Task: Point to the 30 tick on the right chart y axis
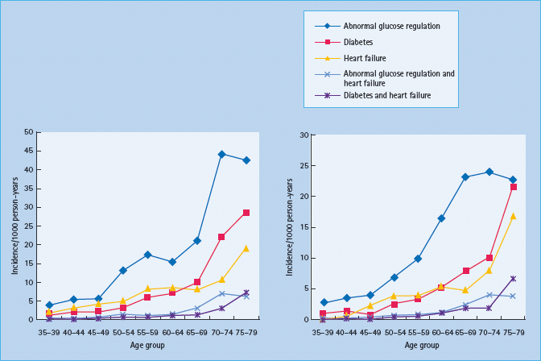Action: pyautogui.click(x=303, y=135)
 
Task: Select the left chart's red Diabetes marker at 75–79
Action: pyautogui.click(x=246, y=213)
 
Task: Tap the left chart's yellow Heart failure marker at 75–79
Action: pyautogui.click(x=246, y=248)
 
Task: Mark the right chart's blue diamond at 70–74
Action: pyautogui.click(x=489, y=172)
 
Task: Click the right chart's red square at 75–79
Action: pyautogui.click(x=513, y=187)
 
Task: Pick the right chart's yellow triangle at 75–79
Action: pyautogui.click(x=513, y=216)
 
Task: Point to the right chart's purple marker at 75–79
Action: pyautogui.click(x=513, y=279)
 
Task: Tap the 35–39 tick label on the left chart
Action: pyautogui.click(x=50, y=330)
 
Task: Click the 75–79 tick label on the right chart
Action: pyautogui.click(x=513, y=330)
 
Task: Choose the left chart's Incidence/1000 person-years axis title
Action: pyautogui.click(x=15, y=226)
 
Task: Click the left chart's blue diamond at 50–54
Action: pyautogui.click(x=123, y=271)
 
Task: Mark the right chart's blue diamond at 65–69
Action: pyautogui.click(x=465, y=177)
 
